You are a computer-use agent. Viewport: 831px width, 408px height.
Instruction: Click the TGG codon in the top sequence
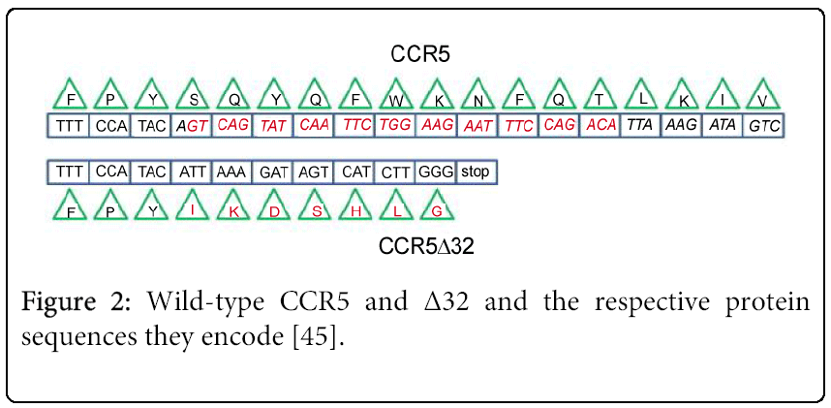click(x=395, y=126)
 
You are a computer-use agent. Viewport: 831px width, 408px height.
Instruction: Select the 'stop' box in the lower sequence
click(x=476, y=172)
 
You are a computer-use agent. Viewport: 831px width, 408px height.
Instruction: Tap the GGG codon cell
click(x=436, y=172)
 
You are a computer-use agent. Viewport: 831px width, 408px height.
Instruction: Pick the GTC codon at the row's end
click(x=764, y=126)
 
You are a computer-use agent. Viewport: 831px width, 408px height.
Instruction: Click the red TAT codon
click(x=274, y=126)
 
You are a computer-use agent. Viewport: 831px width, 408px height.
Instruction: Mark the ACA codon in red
click(x=600, y=126)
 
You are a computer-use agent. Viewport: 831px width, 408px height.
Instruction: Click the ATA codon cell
click(x=723, y=126)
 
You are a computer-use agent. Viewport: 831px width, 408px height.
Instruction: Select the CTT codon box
click(x=395, y=172)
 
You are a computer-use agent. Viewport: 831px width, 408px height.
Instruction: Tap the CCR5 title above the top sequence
click(x=415, y=53)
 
